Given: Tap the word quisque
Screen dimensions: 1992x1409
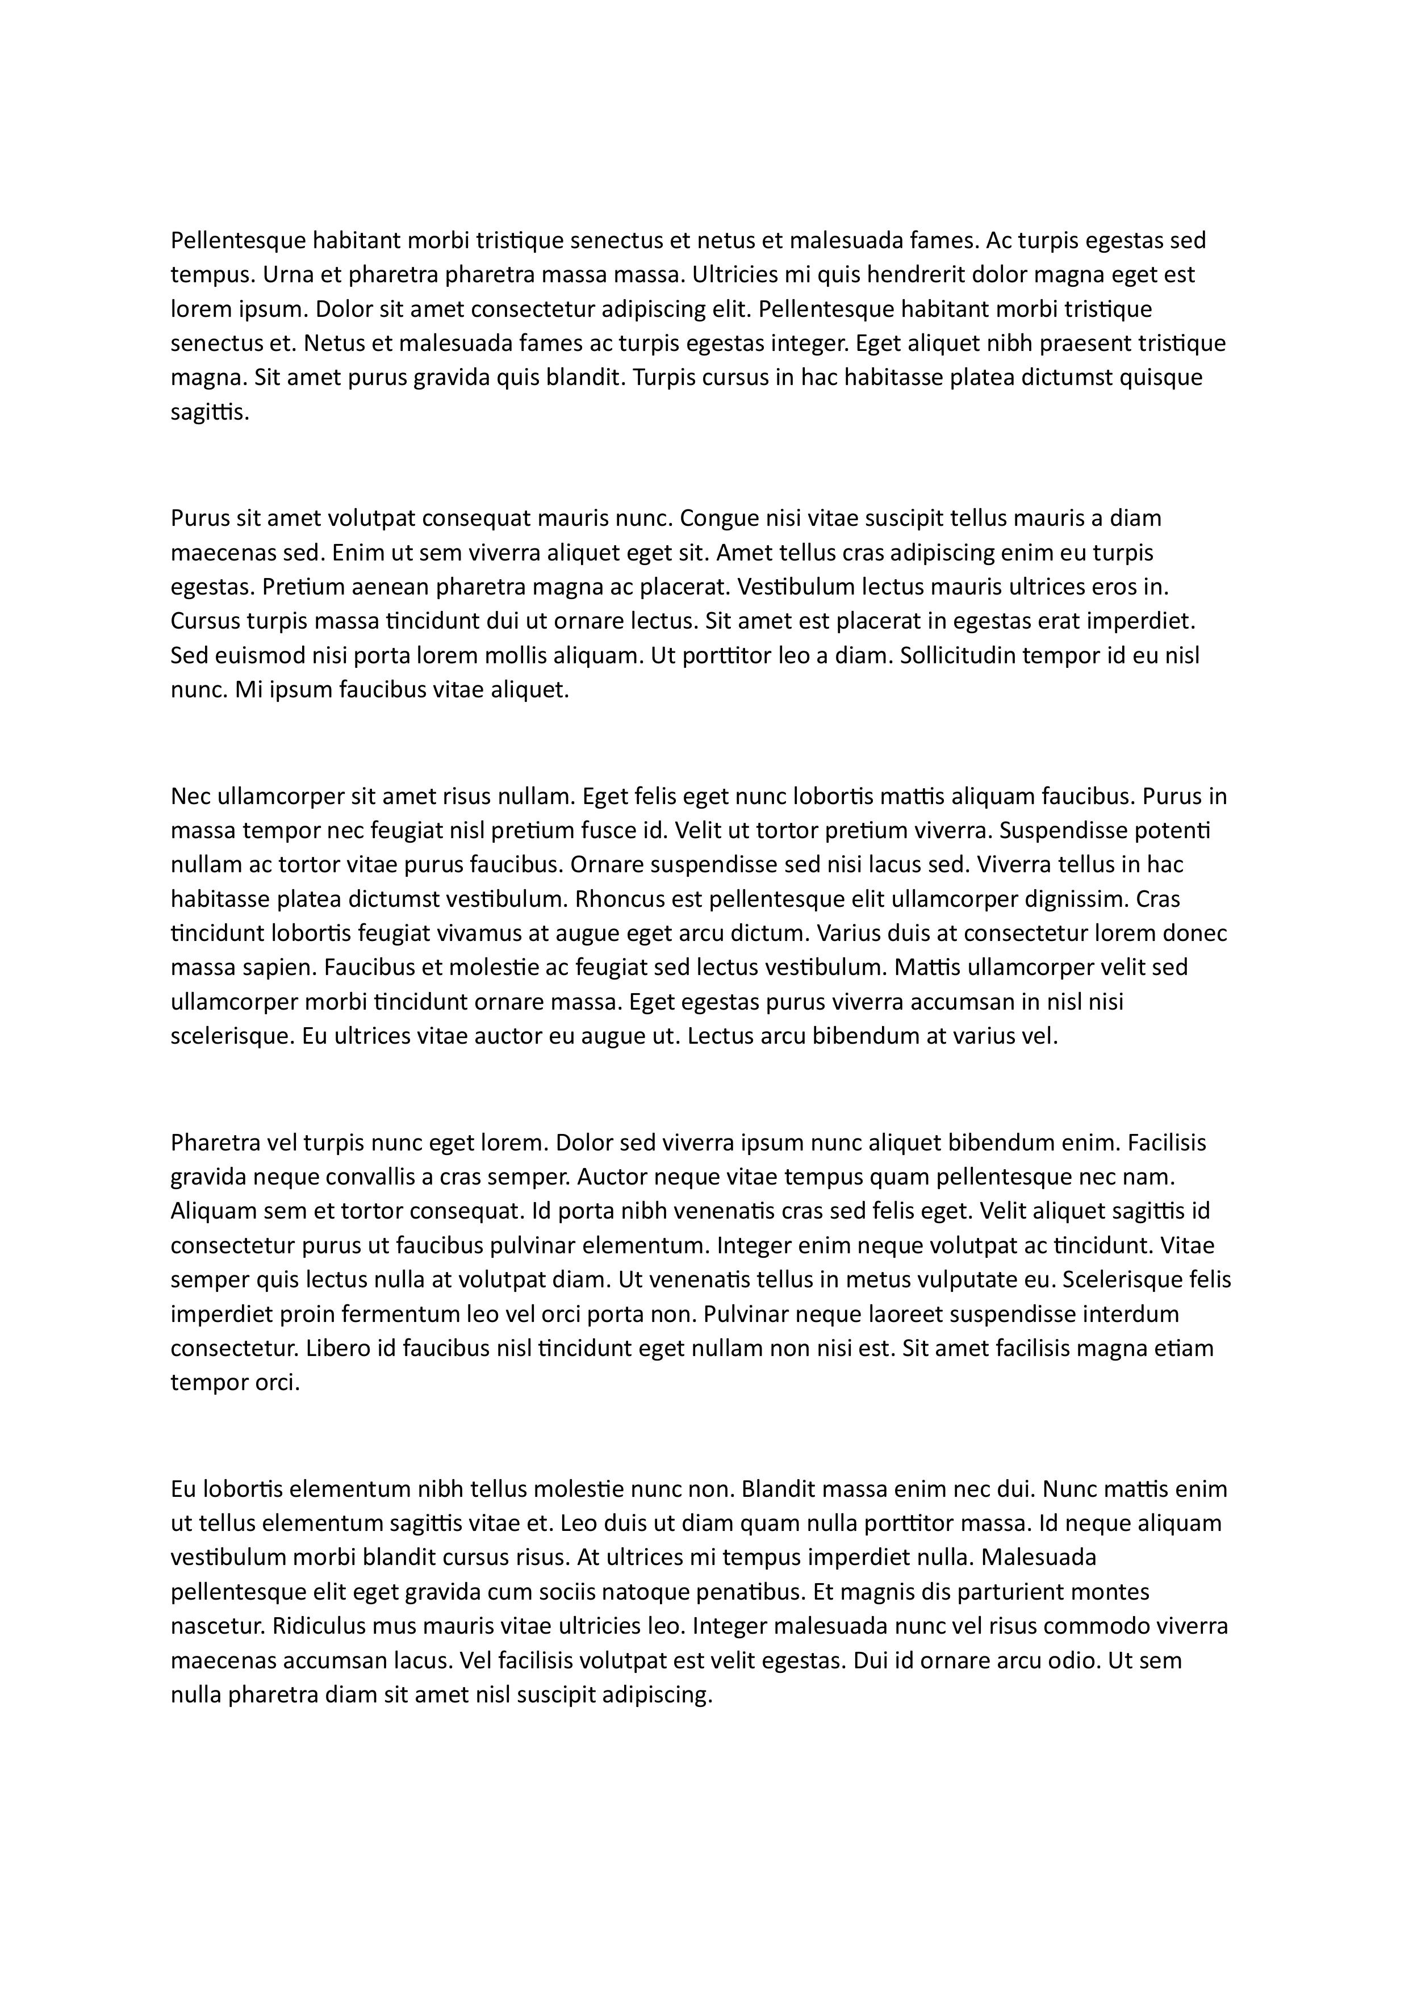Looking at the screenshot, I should click(x=1162, y=378).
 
